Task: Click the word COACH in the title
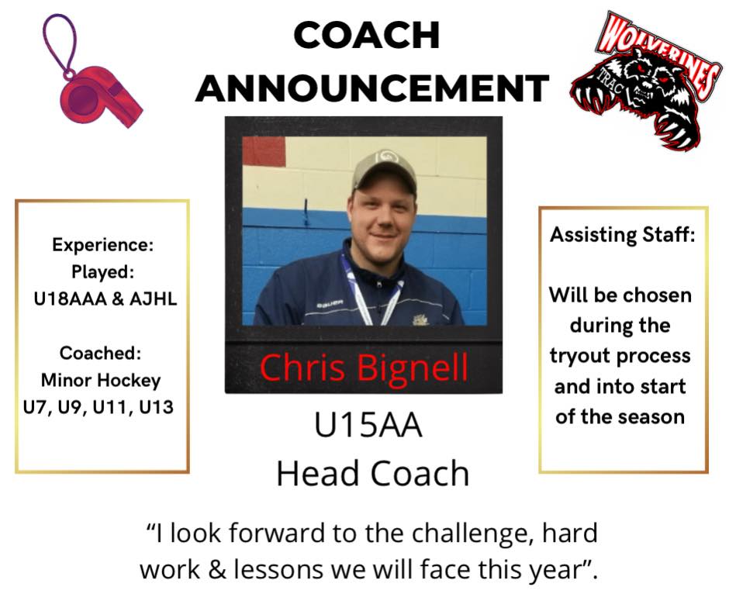367,36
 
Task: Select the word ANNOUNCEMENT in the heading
372,88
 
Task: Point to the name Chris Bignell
363,368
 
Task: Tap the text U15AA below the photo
368,425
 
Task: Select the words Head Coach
372,473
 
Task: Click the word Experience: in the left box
102,245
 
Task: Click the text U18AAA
71,299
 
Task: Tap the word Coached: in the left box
100,354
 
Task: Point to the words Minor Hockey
101,381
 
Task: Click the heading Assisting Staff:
623,235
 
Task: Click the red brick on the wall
264,151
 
